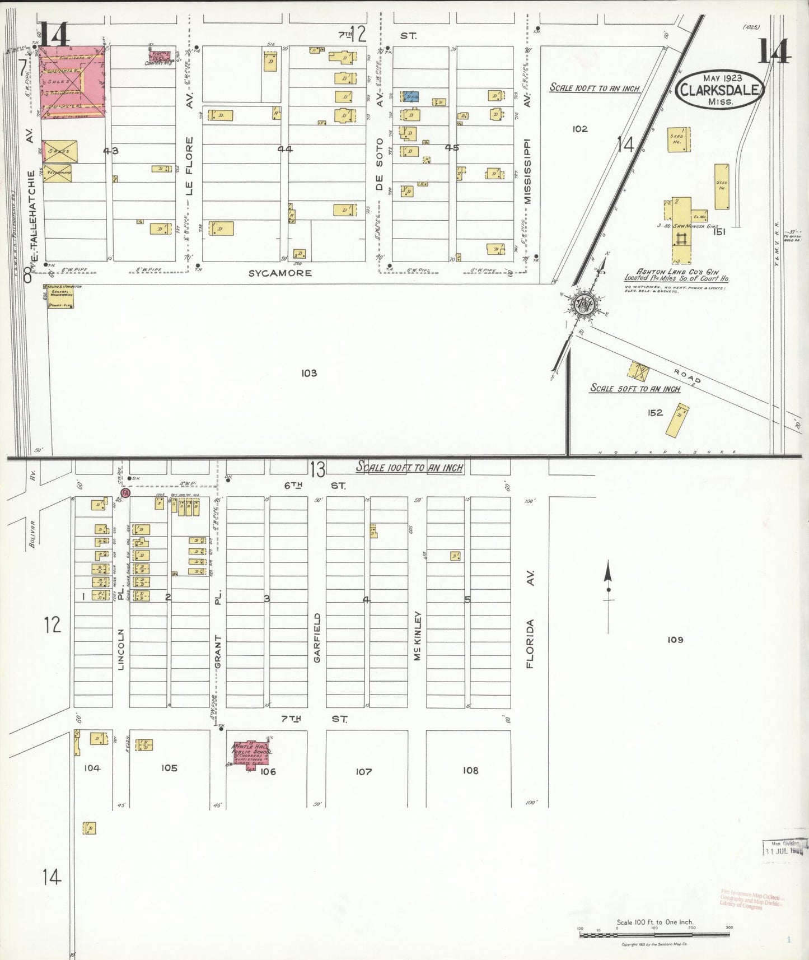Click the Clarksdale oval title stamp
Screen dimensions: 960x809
point(719,89)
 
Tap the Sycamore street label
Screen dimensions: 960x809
point(280,273)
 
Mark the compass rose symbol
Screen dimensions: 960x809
point(584,305)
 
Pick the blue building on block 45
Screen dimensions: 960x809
point(411,96)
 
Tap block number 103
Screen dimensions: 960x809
point(308,373)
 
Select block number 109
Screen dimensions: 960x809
point(675,640)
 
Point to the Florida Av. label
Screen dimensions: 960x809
point(530,619)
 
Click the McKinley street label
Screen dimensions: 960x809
point(417,636)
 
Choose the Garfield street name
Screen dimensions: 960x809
point(317,638)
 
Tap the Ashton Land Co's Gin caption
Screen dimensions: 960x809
point(677,275)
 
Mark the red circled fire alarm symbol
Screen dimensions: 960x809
point(125,493)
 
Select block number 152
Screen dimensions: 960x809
point(655,413)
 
